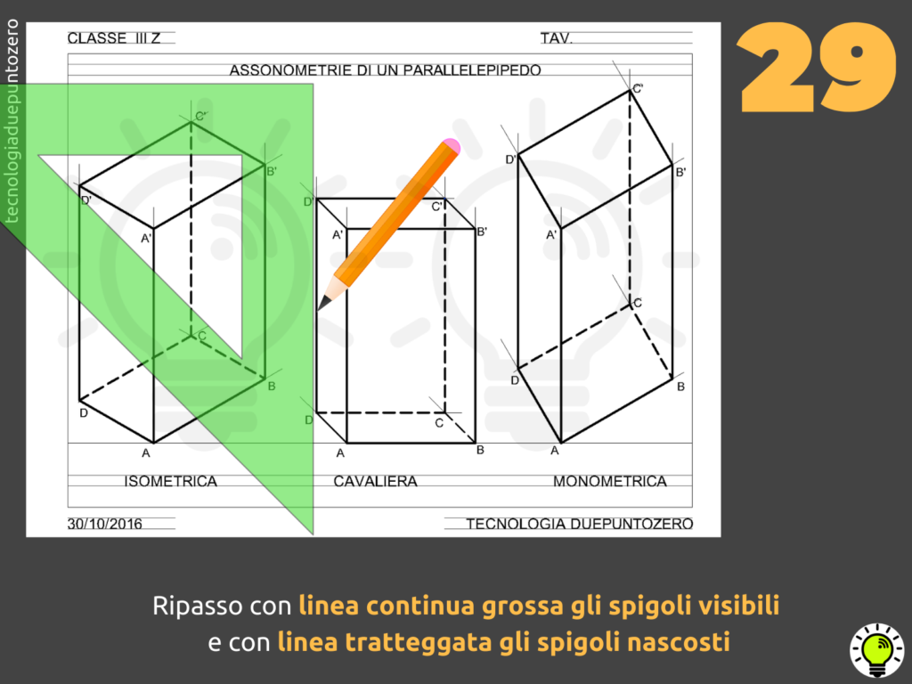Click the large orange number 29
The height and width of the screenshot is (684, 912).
(x=818, y=67)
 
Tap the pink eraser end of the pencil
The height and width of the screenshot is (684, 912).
(x=452, y=146)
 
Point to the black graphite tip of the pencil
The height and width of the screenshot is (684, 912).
(x=322, y=303)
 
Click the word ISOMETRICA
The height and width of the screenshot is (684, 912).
(x=170, y=482)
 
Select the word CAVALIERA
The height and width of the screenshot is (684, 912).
(x=375, y=482)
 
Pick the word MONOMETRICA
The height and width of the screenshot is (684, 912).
(x=609, y=482)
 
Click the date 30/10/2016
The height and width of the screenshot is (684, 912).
(x=105, y=524)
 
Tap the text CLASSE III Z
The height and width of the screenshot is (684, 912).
(x=114, y=38)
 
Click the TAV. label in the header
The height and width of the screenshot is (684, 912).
(x=557, y=38)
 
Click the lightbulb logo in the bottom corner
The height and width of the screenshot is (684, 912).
(x=877, y=650)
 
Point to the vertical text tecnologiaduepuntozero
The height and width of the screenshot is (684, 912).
(x=12, y=121)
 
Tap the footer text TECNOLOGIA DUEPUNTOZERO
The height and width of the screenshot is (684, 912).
(x=579, y=524)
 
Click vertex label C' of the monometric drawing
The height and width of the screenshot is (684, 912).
(x=638, y=88)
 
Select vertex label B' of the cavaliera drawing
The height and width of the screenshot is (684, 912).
(x=482, y=232)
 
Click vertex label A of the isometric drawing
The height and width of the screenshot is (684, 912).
(x=146, y=453)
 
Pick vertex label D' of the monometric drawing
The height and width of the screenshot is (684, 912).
(x=510, y=159)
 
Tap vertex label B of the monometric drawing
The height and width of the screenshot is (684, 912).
(x=680, y=387)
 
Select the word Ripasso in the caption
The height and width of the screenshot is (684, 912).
(x=198, y=606)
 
